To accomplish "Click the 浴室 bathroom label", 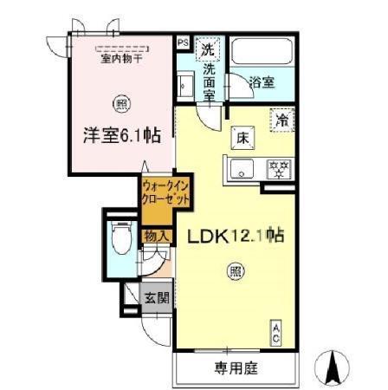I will point(262,83).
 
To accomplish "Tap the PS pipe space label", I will point(182,41).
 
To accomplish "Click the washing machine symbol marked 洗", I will point(208,49).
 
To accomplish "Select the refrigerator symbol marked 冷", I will point(281,119).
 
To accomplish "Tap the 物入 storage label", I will point(155,235).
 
